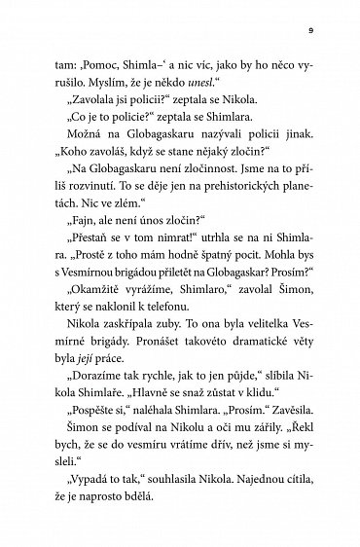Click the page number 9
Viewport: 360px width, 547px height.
point(307,29)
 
